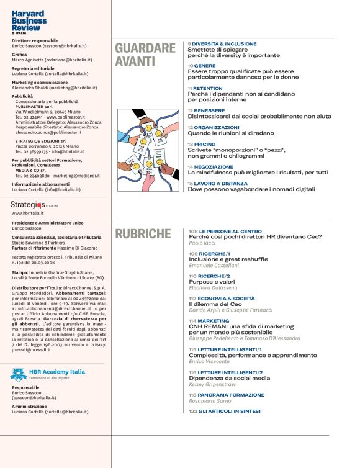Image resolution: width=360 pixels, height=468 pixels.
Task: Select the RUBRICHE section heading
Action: [x=142, y=234]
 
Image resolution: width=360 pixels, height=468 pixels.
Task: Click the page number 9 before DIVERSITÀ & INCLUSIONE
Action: [x=189, y=44]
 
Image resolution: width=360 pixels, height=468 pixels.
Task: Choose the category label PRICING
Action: [x=204, y=144]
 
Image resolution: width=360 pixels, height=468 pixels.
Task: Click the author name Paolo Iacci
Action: [x=202, y=244]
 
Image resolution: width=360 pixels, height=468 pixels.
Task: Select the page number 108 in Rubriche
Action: [x=193, y=231]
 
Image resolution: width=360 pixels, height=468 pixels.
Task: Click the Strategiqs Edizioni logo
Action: [x=32, y=204]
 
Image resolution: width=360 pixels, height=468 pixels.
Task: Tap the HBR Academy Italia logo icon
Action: [x=18, y=374]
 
